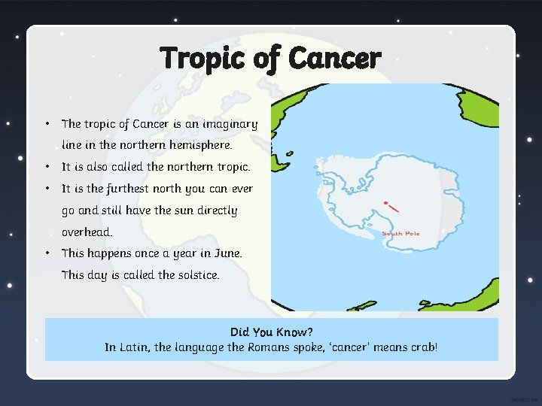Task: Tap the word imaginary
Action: (227, 124)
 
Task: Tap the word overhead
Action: (87, 232)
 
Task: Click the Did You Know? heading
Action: (271, 332)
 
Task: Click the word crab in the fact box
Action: (422, 347)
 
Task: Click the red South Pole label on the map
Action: (401, 234)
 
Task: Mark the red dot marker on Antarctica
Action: (386, 204)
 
